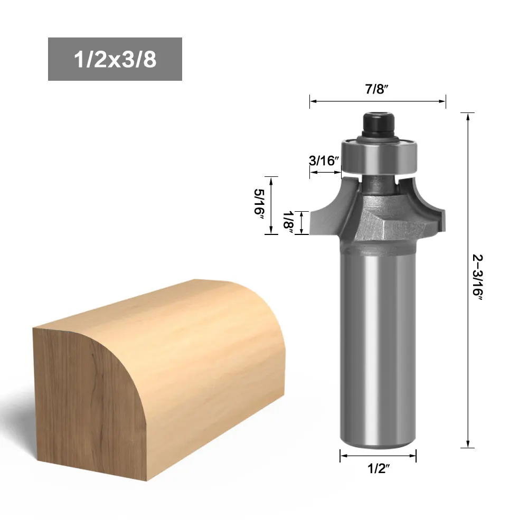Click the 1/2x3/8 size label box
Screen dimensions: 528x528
(115, 59)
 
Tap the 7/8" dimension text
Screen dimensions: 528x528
(377, 89)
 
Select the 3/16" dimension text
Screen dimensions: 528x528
(324, 161)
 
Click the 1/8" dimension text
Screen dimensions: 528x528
(288, 222)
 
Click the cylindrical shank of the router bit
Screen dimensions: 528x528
(378, 343)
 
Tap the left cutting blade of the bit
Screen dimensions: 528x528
(330, 211)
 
